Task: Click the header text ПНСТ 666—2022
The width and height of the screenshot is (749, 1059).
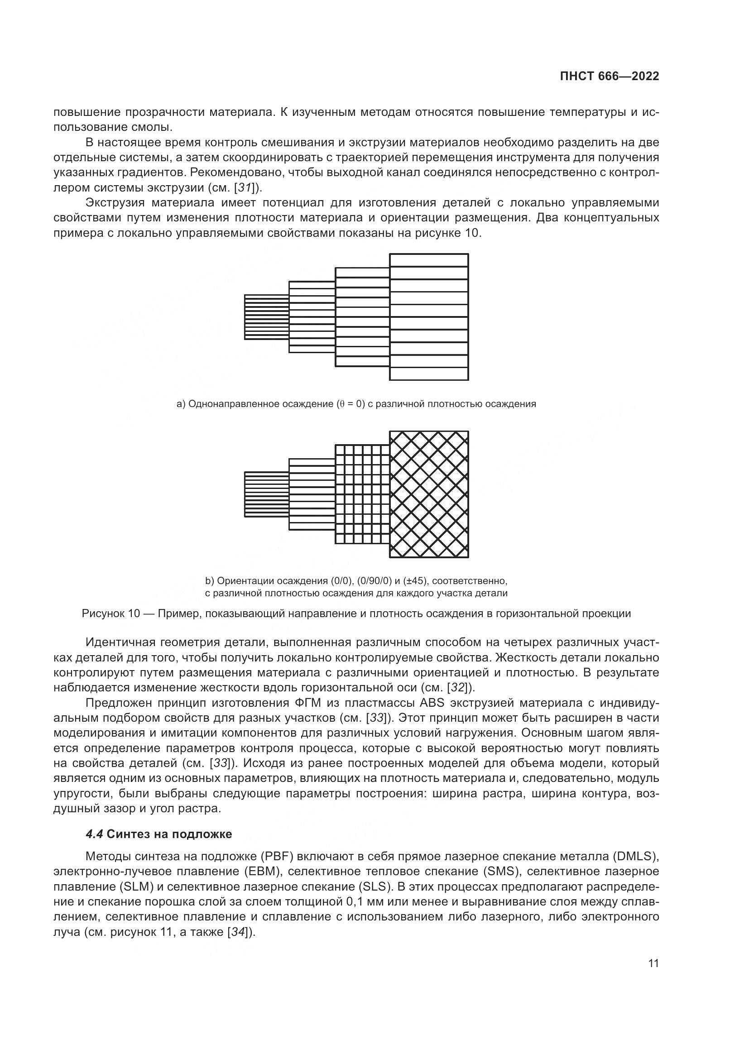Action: (609, 77)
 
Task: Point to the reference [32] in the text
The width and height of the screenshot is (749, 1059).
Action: (457, 687)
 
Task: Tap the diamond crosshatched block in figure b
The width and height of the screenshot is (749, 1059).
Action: (429, 494)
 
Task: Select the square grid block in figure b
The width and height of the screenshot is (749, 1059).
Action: (363, 494)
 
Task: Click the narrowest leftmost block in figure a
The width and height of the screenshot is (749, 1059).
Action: (267, 317)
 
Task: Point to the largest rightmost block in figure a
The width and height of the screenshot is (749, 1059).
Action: (429, 317)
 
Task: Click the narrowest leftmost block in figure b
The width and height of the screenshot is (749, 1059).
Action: (267, 494)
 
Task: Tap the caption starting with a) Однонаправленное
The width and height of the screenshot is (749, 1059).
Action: (356, 404)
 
